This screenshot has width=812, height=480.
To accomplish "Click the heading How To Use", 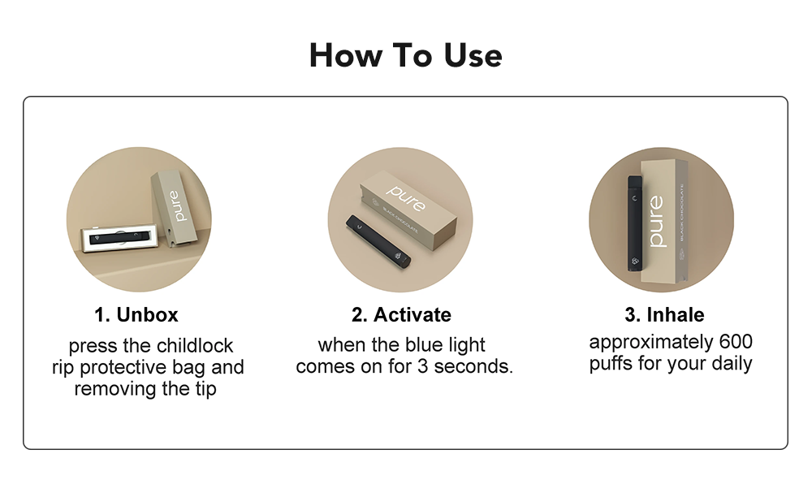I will [x=405, y=56].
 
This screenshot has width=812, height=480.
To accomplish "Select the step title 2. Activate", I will [x=401, y=314].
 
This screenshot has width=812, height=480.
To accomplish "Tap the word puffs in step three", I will [x=612, y=363].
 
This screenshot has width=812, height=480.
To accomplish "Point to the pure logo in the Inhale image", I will [x=656, y=221].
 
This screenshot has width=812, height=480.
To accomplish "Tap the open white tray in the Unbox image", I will [x=117, y=241].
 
